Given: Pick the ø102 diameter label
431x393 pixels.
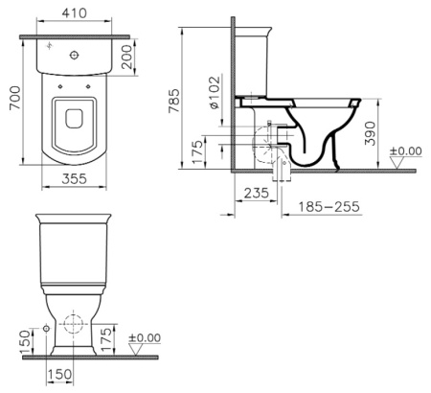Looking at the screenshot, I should coord(216,93).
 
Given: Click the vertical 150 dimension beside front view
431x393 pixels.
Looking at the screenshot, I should coord(21,336).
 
